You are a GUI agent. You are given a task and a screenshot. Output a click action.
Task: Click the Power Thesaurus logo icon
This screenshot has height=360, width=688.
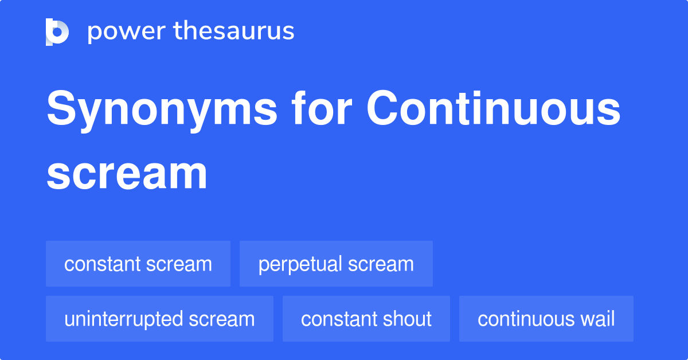point(57,32)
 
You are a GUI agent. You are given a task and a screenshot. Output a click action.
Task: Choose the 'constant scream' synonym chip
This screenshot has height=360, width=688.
point(138,264)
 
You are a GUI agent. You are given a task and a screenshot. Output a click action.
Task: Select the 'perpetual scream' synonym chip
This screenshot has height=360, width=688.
point(336,264)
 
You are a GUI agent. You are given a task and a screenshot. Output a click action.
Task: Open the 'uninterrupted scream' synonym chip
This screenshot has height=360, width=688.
point(159,319)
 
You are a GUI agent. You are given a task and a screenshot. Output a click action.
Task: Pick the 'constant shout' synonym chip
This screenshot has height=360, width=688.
point(366,319)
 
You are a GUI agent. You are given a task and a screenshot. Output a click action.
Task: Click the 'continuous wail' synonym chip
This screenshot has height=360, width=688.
point(546,319)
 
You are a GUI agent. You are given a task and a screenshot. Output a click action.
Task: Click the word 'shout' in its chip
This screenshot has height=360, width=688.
point(409,319)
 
